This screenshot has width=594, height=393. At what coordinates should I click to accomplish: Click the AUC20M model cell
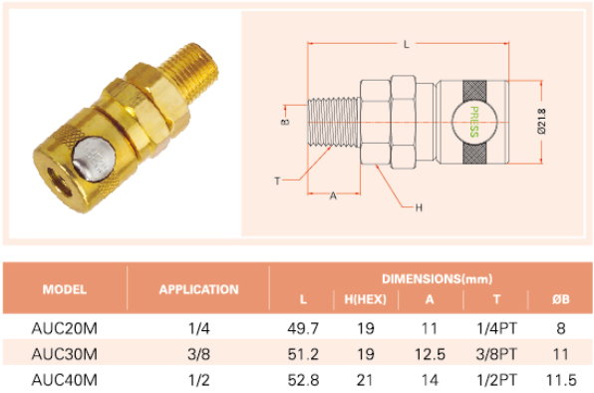(x=65, y=328)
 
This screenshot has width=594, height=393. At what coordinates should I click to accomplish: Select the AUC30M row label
(x=65, y=354)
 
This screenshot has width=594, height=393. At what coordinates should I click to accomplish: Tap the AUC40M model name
(x=65, y=380)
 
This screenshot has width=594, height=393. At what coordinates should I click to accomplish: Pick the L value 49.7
(x=303, y=328)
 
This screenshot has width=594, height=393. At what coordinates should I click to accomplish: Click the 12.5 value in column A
(x=430, y=354)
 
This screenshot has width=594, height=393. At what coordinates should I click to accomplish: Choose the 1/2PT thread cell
(x=496, y=380)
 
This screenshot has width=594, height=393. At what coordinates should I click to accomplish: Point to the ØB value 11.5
(x=561, y=380)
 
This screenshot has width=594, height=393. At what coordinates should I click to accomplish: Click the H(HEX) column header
(x=365, y=299)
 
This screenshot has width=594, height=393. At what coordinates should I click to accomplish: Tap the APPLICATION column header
(x=199, y=289)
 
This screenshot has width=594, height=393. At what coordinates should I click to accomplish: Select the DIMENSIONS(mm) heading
(x=438, y=279)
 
